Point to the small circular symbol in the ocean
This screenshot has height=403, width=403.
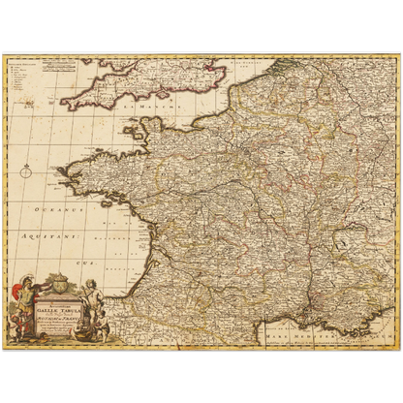coord(26,172)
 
